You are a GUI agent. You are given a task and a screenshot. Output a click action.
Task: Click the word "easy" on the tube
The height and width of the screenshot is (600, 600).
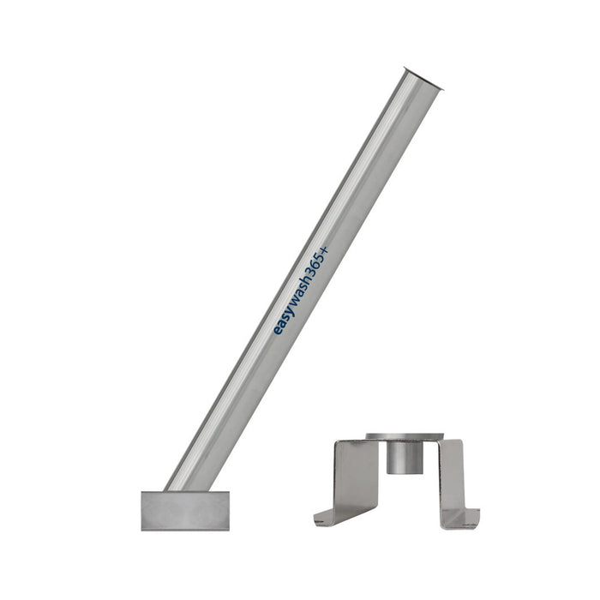pos(284,321)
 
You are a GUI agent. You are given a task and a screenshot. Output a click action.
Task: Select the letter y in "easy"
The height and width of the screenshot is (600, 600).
pos(291,311)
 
